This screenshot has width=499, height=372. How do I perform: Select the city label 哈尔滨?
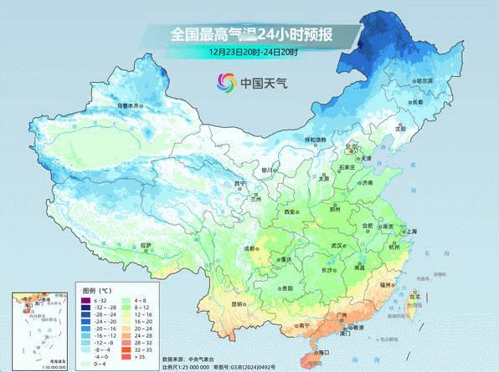(x=425, y=80)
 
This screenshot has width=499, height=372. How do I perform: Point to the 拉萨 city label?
(x=147, y=245)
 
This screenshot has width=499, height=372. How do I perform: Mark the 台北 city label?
(x=413, y=295)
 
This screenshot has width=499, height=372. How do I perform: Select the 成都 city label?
(x=249, y=248)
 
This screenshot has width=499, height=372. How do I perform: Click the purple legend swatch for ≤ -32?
(x=85, y=300)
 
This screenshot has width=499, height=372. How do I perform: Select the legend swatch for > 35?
(x=126, y=357)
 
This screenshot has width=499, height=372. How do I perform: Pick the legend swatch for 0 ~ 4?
(x=85, y=364)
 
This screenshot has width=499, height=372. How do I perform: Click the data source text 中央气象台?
(x=205, y=358)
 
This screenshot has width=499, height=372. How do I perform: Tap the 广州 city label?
(x=342, y=315)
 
